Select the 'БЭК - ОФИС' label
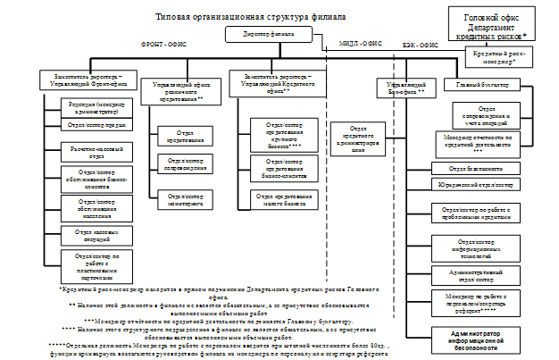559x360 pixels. pos(420,42)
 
